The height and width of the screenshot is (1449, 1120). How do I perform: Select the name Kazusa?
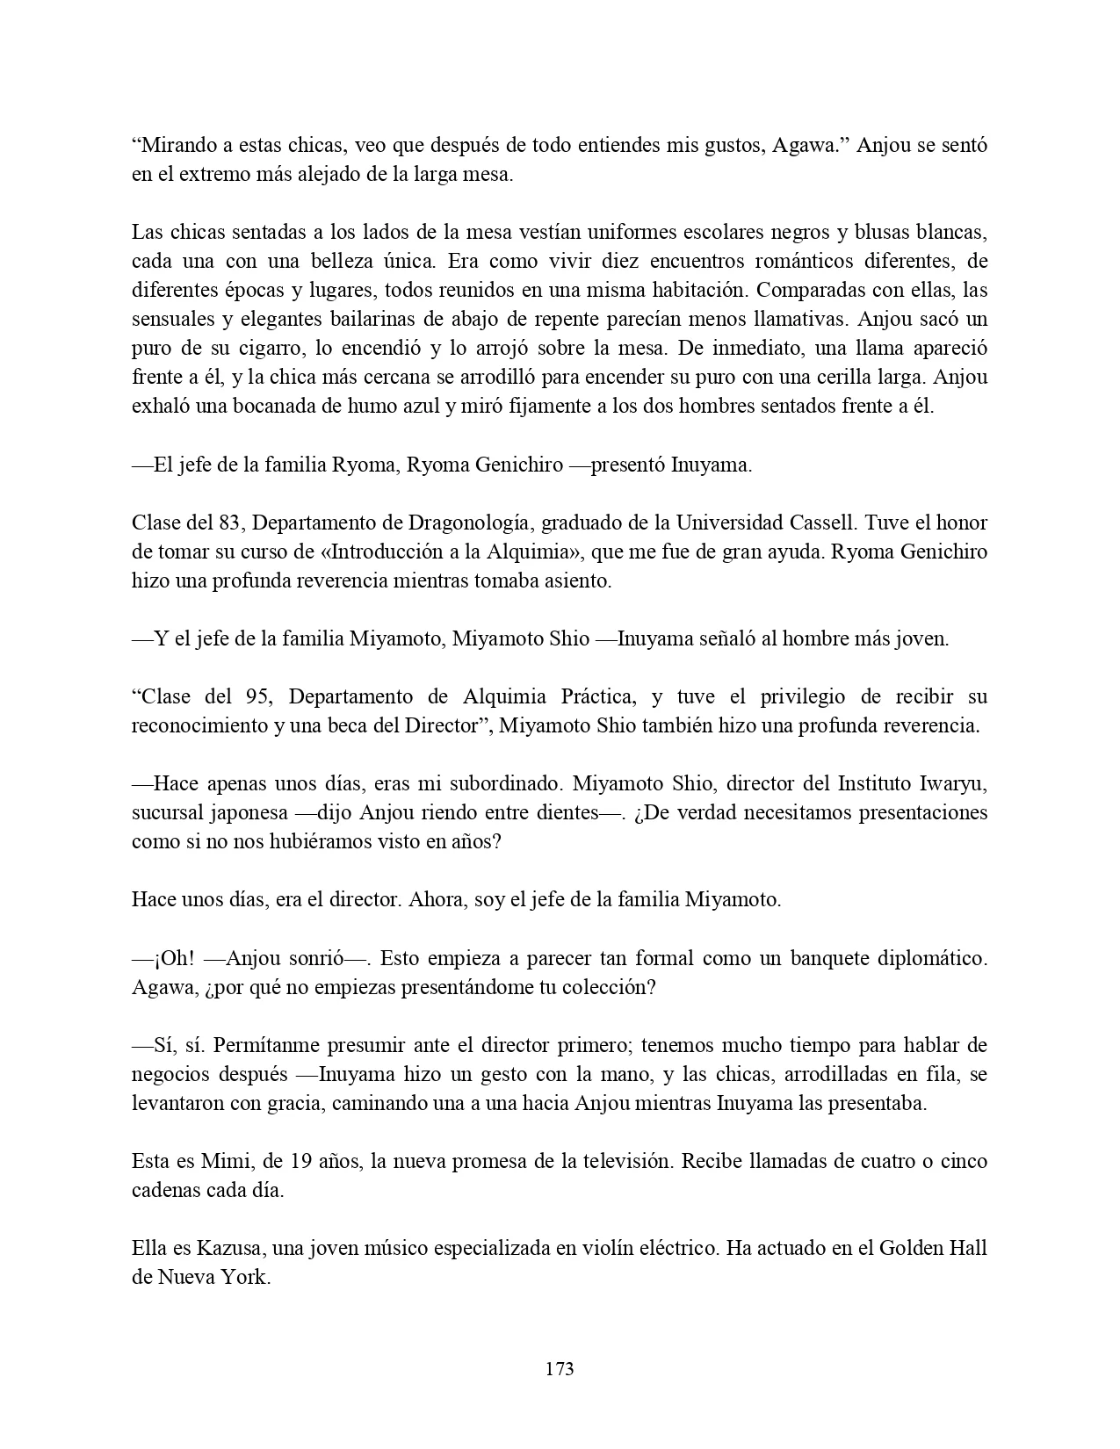(x=212, y=1248)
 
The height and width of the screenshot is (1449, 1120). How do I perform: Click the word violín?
(x=582, y=1248)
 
